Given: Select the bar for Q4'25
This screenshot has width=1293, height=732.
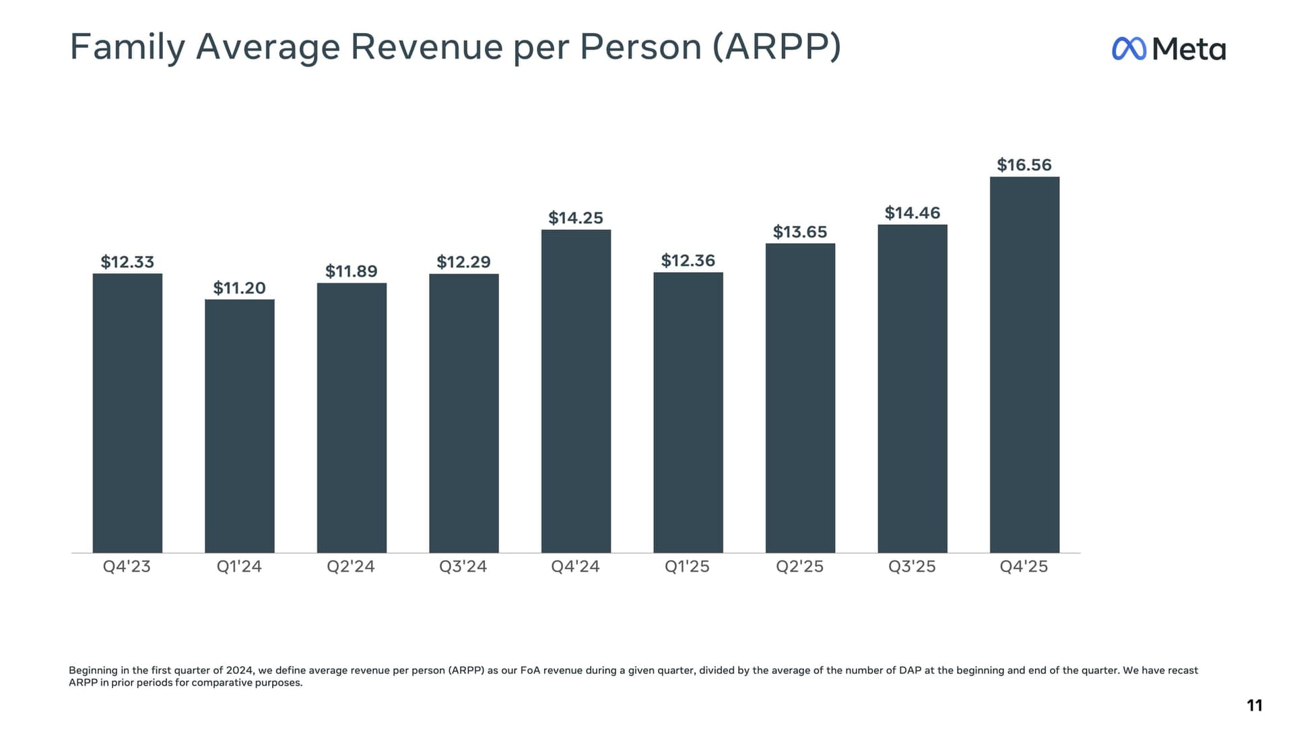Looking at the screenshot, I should [x=1024, y=364].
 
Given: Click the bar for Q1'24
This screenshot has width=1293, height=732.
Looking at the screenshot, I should [x=239, y=426].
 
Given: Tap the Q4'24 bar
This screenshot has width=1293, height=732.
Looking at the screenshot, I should [x=576, y=391].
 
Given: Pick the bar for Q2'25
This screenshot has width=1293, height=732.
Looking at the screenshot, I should [x=800, y=397].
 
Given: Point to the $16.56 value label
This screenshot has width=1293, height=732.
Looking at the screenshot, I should [x=1024, y=165].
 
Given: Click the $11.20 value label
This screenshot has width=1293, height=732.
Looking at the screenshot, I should [x=239, y=288].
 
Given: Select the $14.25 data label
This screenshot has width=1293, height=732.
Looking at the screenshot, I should [x=576, y=218].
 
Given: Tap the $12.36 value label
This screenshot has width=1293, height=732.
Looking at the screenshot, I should [x=688, y=261].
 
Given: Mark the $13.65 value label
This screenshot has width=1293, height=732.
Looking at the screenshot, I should [x=800, y=232].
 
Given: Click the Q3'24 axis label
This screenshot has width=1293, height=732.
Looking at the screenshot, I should [x=463, y=566].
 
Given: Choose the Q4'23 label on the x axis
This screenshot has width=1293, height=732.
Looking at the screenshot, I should [x=127, y=566].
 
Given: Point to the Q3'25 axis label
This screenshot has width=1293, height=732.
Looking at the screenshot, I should [x=912, y=566].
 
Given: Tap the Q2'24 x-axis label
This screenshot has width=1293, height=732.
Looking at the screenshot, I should [x=351, y=566].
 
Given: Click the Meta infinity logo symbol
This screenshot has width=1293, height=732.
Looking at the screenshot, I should [x=1129, y=48].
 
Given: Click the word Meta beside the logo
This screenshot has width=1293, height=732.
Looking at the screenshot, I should [x=1189, y=49].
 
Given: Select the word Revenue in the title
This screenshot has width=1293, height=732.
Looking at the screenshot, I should [x=426, y=47].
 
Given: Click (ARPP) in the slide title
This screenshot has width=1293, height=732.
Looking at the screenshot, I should [x=776, y=47].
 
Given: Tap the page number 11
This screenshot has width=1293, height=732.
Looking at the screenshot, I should [x=1254, y=705].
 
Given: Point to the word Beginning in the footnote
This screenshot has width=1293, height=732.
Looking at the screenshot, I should [x=93, y=670].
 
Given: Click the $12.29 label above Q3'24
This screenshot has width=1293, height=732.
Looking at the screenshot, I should [x=463, y=262].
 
